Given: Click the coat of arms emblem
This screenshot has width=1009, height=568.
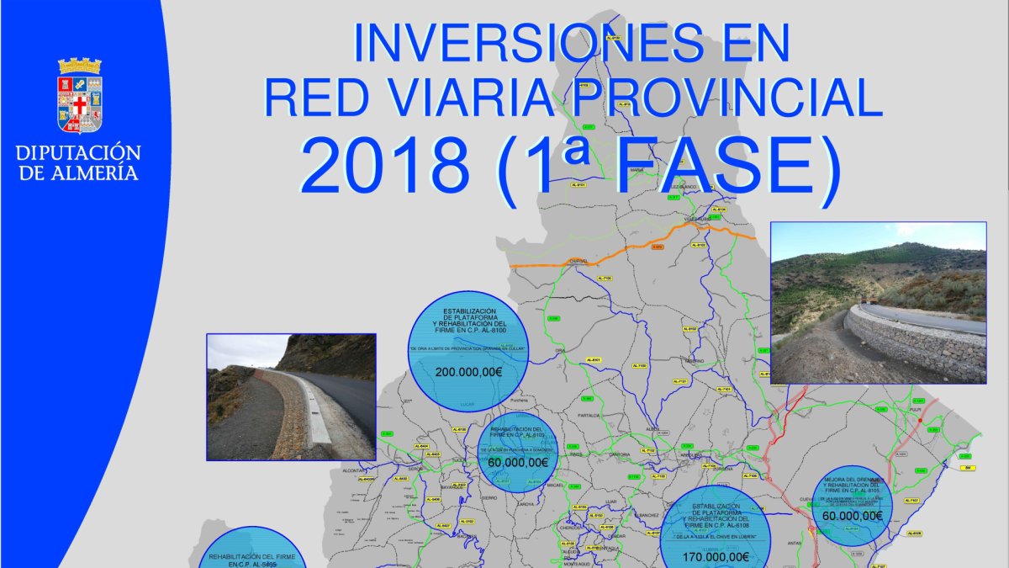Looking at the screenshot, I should tap(80, 96).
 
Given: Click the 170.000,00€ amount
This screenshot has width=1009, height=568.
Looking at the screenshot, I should tap(716, 556).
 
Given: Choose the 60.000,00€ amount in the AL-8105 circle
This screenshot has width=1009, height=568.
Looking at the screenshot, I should tap(853, 516).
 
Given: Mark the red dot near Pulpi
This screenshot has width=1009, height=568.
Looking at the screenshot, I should tap(921, 420).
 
